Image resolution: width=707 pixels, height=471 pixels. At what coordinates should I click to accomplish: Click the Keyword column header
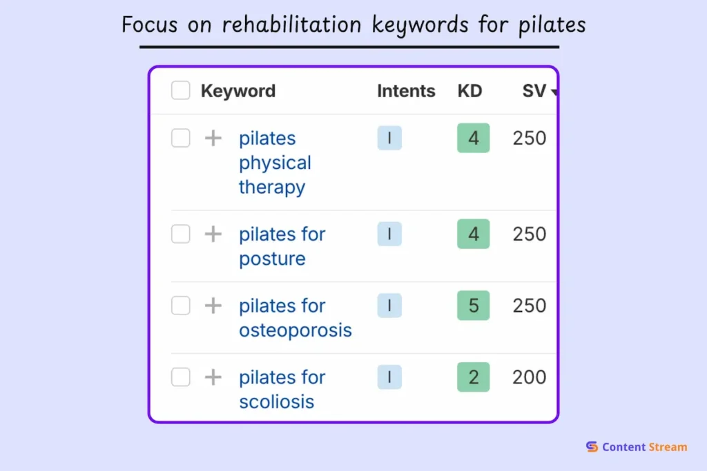pyautogui.click(x=238, y=91)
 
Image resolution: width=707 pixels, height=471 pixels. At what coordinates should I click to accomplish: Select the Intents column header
pyautogui.click(x=406, y=91)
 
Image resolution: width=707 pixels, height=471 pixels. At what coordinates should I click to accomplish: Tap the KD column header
pyautogui.click(x=469, y=91)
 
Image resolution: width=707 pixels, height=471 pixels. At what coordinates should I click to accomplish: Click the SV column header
pyautogui.click(x=534, y=91)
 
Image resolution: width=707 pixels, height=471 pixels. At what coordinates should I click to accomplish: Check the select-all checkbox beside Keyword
pyautogui.click(x=181, y=90)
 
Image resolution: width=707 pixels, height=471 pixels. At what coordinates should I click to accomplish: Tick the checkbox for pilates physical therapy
pyautogui.click(x=181, y=138)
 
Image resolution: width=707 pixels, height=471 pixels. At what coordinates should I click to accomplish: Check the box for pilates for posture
pyautogui.click(x=181, y=234)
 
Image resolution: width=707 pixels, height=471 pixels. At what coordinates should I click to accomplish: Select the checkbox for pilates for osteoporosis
pyautogui.click(x=181, y=305)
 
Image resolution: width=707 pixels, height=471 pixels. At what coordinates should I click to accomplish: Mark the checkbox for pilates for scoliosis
pyautogui.click(x=181, y=377)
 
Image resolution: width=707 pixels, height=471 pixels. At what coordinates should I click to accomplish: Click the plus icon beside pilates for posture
pyautogui.click(x=213, y=234)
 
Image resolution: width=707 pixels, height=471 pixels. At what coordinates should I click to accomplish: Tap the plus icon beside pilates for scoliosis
pyautogui.click(x=213, y=377)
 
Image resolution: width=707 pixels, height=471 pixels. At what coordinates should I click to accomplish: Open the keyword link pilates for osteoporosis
pyautogui.click(x=295, y=318)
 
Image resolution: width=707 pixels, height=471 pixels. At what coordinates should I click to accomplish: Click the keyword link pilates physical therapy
pyautogui.click(x=275, y=163)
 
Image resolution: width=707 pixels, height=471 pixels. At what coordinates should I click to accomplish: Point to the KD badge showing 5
pyautogui.click(x=473, y=305)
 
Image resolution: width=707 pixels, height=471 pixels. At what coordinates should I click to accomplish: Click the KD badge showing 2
pyautogui.click(x=473, y=377)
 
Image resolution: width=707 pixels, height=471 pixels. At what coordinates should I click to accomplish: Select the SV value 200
pyautogui.click(x=529, y=377)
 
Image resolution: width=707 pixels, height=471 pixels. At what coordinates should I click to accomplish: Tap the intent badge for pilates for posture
pyautogui.click(x=389, y=234)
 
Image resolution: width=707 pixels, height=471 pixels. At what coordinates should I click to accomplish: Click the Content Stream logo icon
pyautogui.click(x=592, y=447)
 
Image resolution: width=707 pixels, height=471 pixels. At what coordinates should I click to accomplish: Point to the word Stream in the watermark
pyautogui.click(x=667, y=447)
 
